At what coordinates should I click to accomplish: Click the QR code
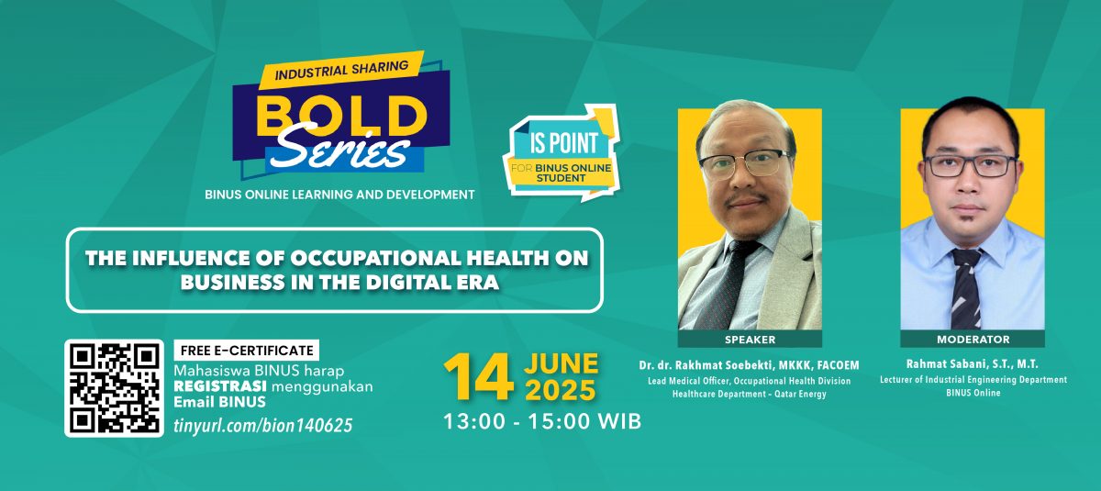(x=115, y=387)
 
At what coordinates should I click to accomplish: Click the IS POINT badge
(x=561, y=153)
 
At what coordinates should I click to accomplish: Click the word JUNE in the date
(x=561, y=363)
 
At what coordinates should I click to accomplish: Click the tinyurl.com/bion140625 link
(x=262, y=426)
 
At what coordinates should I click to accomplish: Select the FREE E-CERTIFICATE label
(x=246, y=350)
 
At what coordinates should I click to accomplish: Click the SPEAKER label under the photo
(x=750, y=339)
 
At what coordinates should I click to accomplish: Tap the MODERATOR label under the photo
(x=973, y=339)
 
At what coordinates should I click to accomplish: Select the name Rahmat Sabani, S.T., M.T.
(x=973, y=363)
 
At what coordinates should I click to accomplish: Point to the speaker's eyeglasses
(x=743, y=163)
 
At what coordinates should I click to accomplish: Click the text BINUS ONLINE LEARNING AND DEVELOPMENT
(x=339, y=195)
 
